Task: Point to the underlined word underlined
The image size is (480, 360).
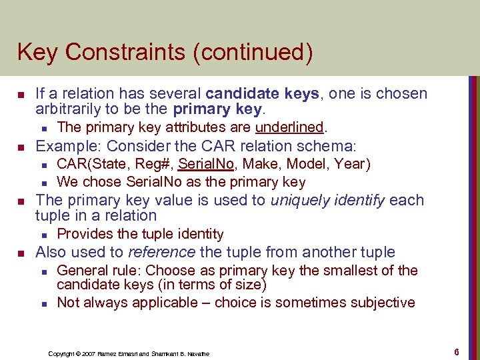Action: pos(289,127)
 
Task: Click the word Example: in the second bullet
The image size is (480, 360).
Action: pos(68,146)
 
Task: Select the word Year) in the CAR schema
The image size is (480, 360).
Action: pos(353,164)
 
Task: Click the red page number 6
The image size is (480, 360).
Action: pos(457,351)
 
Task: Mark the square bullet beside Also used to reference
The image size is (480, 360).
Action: pos(21,253)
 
